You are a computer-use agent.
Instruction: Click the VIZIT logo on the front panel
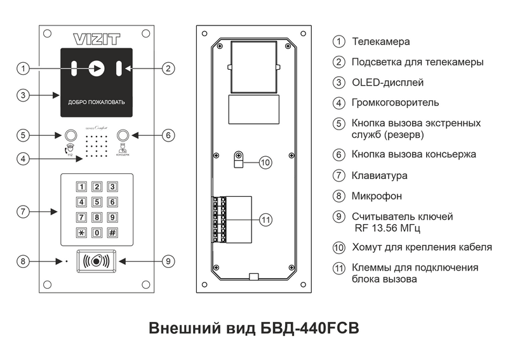97,38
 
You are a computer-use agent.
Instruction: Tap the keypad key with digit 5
97,203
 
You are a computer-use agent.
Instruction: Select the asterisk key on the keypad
81,232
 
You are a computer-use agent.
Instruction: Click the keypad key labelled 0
97,232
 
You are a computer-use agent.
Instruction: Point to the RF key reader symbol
97,260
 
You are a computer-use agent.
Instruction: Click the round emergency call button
70,135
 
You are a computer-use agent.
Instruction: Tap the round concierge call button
124,135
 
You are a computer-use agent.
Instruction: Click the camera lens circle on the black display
97,68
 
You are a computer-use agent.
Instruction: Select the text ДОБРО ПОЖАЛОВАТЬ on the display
97,102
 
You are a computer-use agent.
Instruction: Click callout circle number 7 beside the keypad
23,211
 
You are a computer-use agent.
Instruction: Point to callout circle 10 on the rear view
266,162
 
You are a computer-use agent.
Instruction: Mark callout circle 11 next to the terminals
266,220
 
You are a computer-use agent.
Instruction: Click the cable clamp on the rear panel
239,159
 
